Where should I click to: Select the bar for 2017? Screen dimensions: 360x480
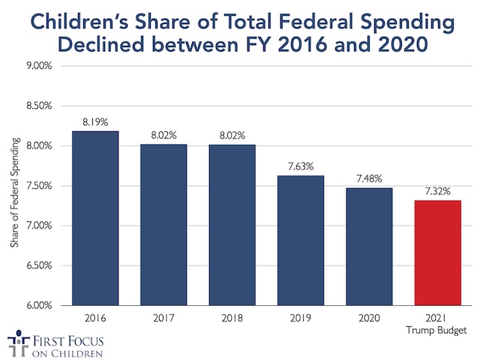[163, 224]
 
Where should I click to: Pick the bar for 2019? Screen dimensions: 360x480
[301, 240]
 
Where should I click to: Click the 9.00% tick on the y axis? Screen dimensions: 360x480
[37, 66]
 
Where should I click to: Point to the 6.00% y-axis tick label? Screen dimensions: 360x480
[37, 305]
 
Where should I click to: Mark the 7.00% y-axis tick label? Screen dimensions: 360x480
[37, 226]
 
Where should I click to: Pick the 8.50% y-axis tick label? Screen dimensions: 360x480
[37, 106]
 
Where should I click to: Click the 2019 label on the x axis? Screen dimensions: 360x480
[301, 317]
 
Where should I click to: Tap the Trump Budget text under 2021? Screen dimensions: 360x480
[437, 329]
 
